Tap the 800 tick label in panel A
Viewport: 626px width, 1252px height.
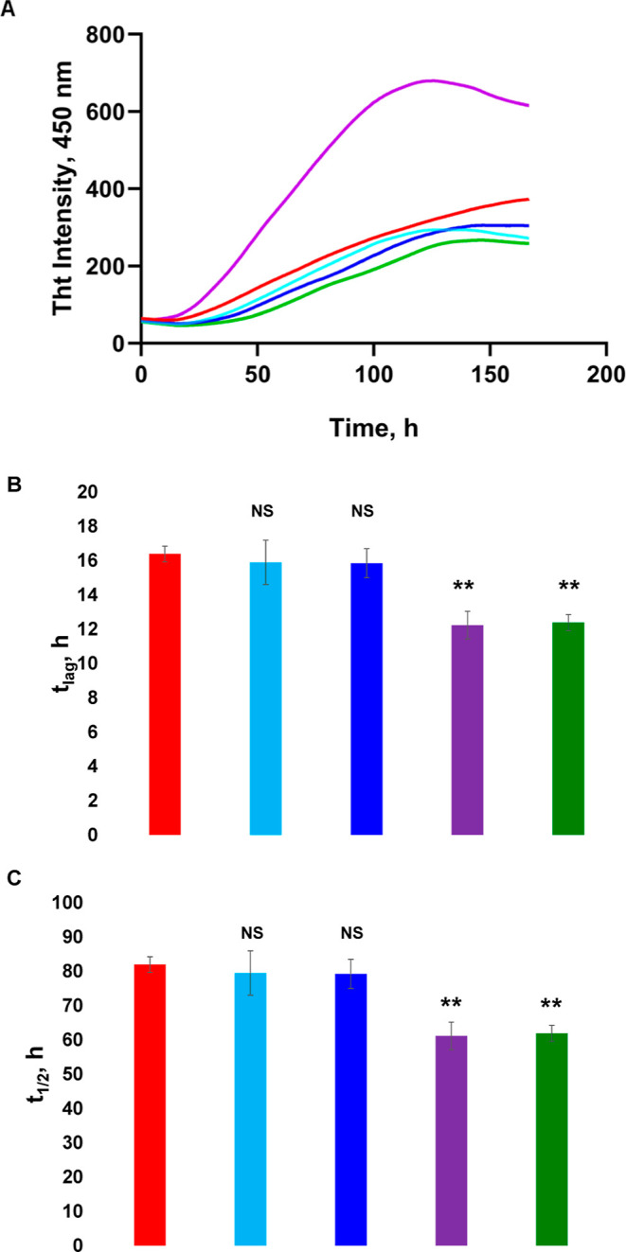point(104,35)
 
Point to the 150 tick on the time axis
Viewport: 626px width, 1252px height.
point(490,374)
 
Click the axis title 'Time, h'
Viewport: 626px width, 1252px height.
point(374,428)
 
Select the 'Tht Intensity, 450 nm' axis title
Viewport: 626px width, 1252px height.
point(63,188)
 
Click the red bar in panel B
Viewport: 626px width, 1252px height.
point(165,694)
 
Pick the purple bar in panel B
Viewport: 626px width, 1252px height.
point(467,730)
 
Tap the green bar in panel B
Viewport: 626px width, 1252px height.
point(568,728)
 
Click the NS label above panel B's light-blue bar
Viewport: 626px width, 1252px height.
point(262,511)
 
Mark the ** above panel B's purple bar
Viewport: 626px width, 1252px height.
point(463,586)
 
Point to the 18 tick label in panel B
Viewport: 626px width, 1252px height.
point(87,526)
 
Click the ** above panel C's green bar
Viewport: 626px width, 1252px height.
point(551,1004)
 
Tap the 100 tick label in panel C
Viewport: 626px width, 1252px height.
point(67,903)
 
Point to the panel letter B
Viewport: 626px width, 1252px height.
point(14,484)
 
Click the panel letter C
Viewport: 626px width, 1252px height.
point(14,879)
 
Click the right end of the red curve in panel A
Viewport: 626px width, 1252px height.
point(528,199)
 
